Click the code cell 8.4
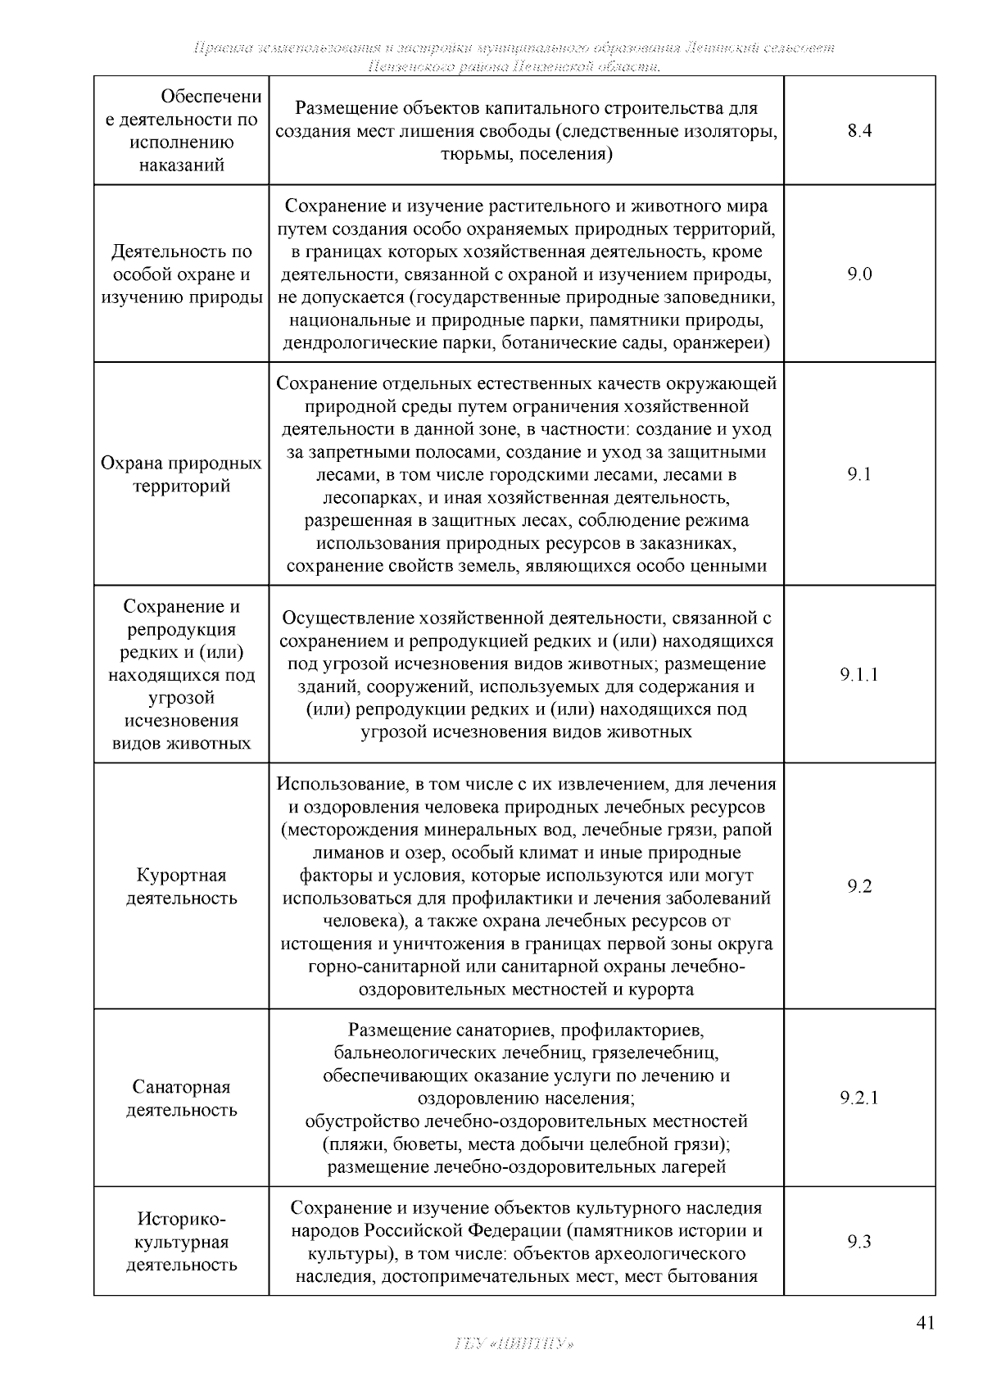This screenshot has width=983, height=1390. pos(859,131)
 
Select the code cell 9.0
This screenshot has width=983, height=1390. pos(859,274)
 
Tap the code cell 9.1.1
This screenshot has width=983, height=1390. pos(859,675)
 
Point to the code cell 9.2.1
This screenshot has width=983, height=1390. pos(859,1098)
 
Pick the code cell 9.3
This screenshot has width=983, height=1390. pos(859,1242)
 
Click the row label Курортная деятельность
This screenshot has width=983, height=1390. pos(181,886)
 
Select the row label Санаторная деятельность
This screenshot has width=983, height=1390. pos(181,1098)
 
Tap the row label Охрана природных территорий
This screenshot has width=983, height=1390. pos(181,474)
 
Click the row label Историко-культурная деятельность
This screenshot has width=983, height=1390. pos(181,1242)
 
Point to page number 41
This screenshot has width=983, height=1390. pos(925,1323)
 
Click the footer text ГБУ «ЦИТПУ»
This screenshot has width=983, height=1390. pos(513,1344)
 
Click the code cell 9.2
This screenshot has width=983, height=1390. pos(859,886)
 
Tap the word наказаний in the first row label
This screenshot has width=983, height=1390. pos(181,165)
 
